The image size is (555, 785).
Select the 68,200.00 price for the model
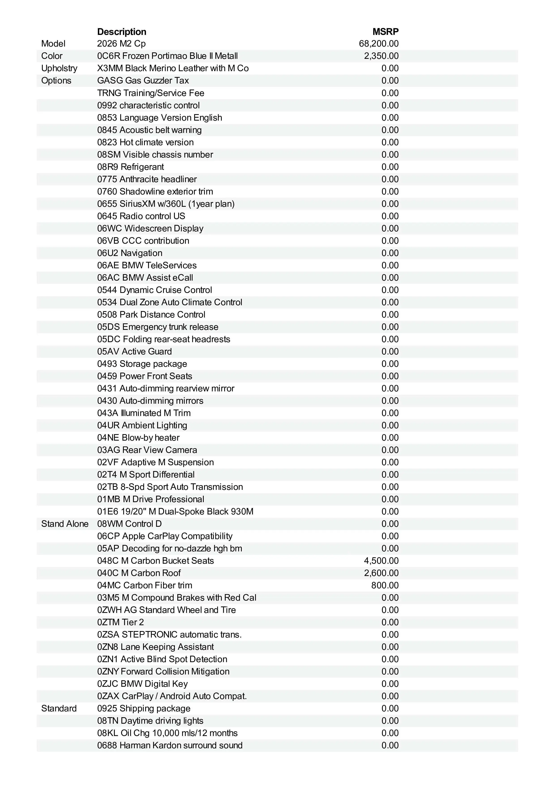click(379, 44)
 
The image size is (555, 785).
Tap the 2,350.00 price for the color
click(381, 56)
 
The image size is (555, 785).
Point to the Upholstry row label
click(59, 68)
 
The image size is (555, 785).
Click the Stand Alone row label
click(65, 524)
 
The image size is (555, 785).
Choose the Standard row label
click(59, 708)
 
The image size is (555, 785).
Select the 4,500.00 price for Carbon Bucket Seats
click(381, 561)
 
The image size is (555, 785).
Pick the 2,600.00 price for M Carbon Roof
click(381, 573)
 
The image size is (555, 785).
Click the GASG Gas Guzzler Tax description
click(143, 81)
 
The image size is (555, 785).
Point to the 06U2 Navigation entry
click(130, 253)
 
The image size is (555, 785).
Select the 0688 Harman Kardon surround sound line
click(170, 745)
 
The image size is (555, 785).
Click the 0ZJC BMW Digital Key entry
click(142, 684)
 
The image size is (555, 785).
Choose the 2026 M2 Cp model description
click(121, 44)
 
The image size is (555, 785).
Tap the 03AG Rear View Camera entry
click(147, 450)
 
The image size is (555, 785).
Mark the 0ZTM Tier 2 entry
click(120, 622)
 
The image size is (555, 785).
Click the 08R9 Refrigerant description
click(130, 167)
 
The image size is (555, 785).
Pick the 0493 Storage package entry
click(142, 364)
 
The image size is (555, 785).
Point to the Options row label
click(56, 81)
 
